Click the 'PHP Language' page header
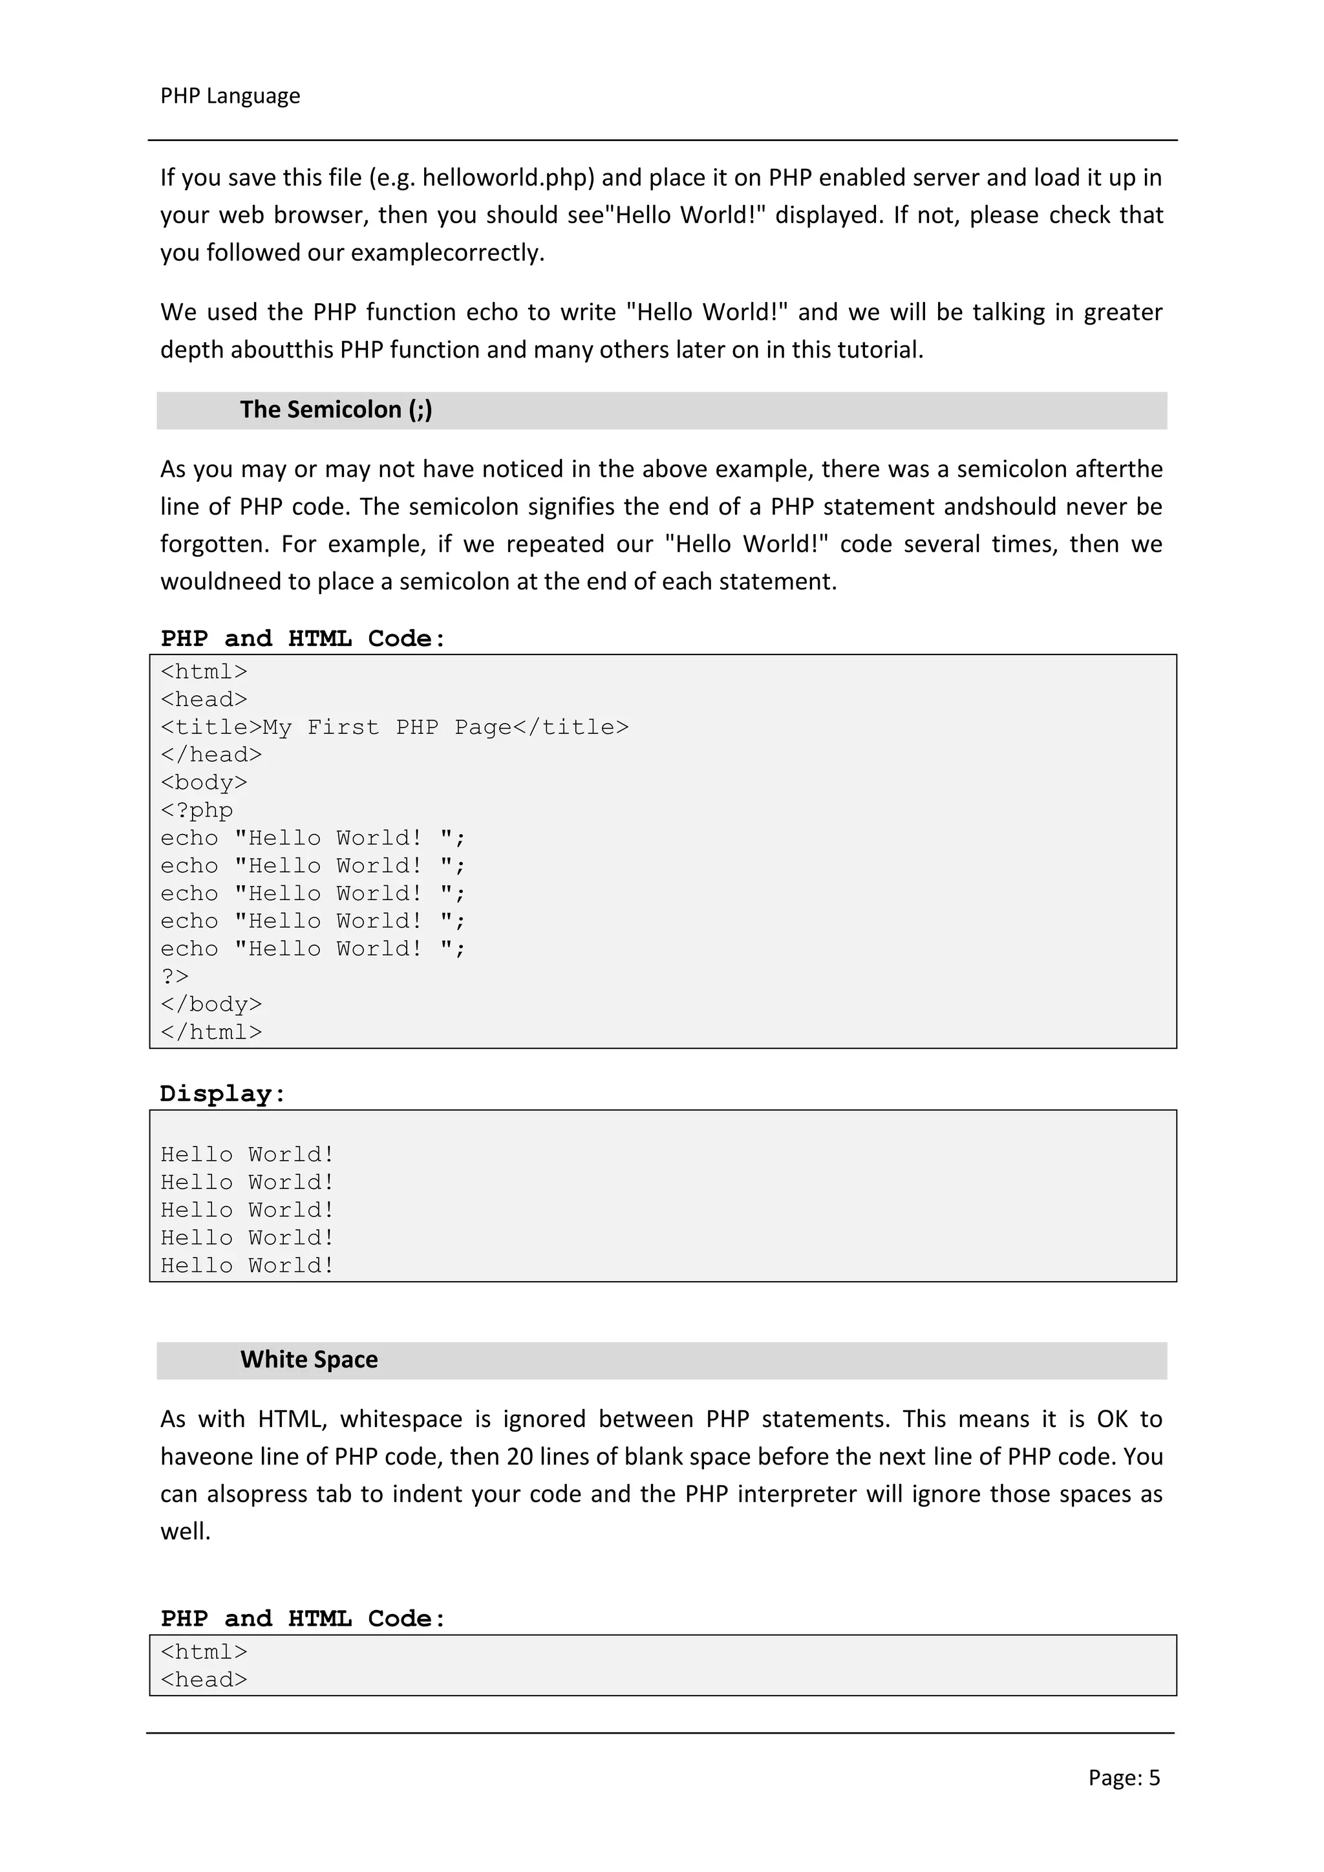click(x=230, y=96)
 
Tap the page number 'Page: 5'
click(x=1124, y=1778)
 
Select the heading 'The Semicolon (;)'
click(x=336, y=409)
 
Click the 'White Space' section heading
click(x=309, y=1359)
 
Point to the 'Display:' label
click(x=222, y=1093)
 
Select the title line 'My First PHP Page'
click(x=394, y=727)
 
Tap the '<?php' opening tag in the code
click(x=197, y=810)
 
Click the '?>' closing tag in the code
click(x=175, y=977)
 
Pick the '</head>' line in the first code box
click(x=211, y=755)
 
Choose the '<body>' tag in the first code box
click(x=204, y=782)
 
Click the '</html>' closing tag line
click(x=211, y=1032)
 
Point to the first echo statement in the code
click(x=312, y=838)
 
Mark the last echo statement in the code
click(x=312, y=949)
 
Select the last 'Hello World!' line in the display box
click(x=247, y=1265)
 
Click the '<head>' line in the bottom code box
click(x=204, y=1679)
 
